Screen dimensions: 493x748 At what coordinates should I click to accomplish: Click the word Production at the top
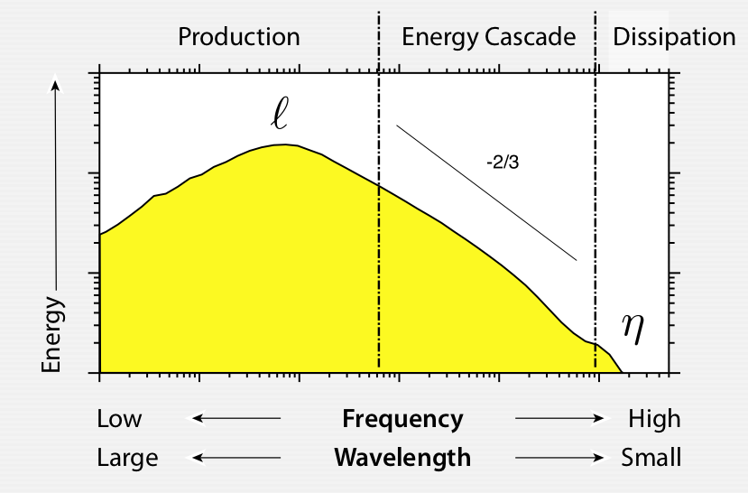238,37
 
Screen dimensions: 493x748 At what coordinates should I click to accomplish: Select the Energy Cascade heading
488,37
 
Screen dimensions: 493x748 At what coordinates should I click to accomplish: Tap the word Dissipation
674,37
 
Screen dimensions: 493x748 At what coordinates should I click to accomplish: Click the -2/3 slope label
502,165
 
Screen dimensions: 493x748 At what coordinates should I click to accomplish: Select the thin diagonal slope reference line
485,192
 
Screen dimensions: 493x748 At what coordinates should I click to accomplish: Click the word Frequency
402,419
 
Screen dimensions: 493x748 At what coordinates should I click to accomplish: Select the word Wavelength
402,458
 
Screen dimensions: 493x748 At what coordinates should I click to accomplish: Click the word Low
119,419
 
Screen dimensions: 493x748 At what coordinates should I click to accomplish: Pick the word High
655,419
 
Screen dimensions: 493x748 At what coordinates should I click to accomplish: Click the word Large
127,458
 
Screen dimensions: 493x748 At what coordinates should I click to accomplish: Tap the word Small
651,458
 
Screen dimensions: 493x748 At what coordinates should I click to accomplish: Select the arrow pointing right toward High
559,419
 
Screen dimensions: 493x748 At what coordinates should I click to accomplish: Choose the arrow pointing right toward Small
559,458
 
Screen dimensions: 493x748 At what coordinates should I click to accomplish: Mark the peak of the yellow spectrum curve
284,144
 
